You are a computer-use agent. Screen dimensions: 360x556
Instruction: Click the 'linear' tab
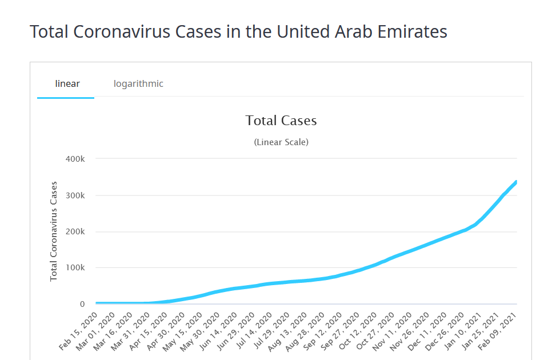(x=67, y=84)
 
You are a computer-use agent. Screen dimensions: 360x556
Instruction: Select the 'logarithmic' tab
(x=138, y=84)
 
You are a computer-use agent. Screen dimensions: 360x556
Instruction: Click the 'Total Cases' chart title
(x=281, y=121)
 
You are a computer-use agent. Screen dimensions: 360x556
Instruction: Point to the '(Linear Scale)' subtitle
(x=281, y=142)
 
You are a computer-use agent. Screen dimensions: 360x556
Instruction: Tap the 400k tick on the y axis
(x=74, y=159)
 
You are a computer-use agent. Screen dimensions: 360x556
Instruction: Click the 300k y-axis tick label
(x=74, y=195)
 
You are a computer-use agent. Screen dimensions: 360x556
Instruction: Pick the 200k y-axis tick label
(x=74, y=232)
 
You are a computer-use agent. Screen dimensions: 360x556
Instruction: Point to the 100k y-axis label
(x=74, y=268)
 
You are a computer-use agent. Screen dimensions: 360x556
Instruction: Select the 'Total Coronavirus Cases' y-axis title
(x=54, y=231)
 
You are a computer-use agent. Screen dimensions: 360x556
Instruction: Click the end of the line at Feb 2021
(x=516, y=182)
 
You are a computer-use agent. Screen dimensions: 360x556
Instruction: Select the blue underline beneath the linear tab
(x=66, y=98)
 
